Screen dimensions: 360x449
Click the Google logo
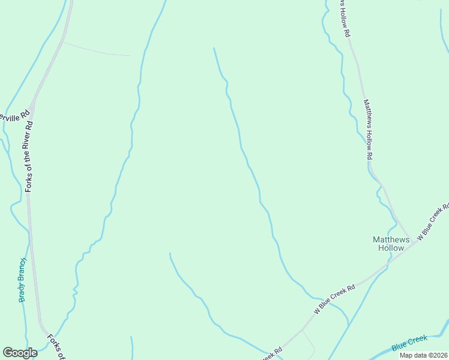[x=20, y=353]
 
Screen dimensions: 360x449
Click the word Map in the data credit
[x=408, y=355]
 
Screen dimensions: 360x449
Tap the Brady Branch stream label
[x=23, y=280]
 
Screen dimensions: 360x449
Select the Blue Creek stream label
[x=409, y=344]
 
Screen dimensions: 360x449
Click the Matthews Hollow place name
[x=391, y=243]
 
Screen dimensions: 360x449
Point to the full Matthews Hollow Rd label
[x=367, y=129]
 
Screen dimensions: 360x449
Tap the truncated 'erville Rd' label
[x=15, y=114]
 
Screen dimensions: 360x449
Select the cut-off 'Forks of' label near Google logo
[x=56, y=347]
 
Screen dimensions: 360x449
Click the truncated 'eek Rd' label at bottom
[x=271, y=354]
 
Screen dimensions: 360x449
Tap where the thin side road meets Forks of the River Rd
[x=62, y=42]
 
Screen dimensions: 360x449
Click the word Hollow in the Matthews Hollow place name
[x=391, y=248]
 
